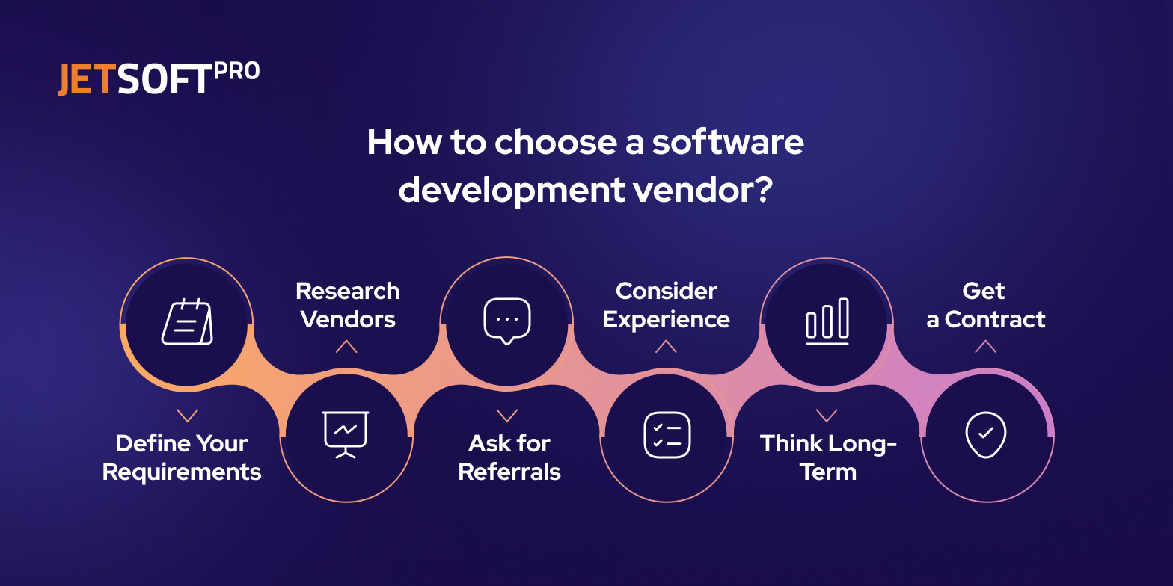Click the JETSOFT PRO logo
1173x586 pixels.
point(159,78)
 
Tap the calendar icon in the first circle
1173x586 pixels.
point(187,322)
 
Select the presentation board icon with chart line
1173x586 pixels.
point(346,434)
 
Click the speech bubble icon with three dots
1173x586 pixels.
point(507,321)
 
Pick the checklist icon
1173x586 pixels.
point(667,434)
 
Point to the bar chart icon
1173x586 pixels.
point(827,321)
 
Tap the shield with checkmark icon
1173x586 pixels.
point(986,434)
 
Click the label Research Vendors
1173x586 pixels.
point(348,305)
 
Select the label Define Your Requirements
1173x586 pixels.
point(182,457)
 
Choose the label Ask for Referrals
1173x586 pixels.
point(509,457)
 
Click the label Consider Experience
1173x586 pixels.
point(667,305)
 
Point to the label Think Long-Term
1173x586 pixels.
point(828,457)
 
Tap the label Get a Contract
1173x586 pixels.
point(985,305)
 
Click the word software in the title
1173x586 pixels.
point(727,142)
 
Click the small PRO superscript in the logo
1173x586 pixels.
point(236,71)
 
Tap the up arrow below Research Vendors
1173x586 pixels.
point(346,346)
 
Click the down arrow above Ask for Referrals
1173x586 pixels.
point(507,416)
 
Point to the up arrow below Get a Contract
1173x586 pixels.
point(985,346)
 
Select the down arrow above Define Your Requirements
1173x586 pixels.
point(187,416)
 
